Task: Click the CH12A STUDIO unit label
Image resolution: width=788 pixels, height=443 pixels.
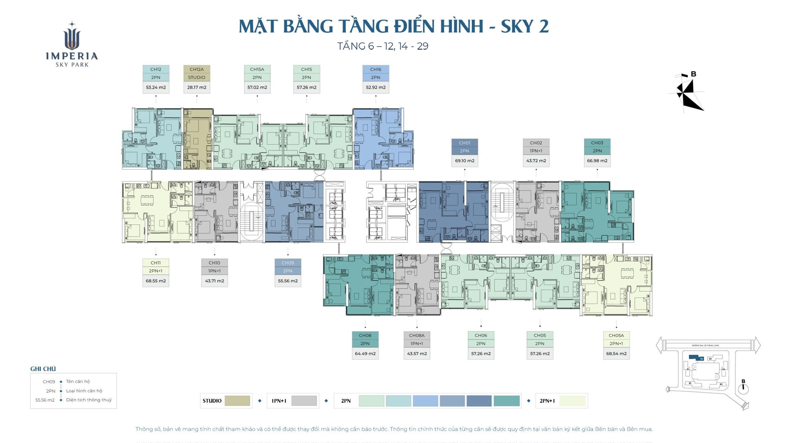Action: (x=196, y=70)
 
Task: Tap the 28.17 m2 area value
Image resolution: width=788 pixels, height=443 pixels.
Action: (x=196, y=87)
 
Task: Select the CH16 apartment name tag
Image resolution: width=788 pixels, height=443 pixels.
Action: (x=376, y=70)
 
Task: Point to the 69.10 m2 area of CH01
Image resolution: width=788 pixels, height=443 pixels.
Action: (x=464, y=161)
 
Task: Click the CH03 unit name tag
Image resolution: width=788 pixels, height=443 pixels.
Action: (x=597, y=143)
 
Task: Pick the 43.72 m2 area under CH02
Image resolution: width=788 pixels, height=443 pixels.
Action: (x=536, y=161)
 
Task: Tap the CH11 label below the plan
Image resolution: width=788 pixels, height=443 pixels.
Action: (x=155, y=263)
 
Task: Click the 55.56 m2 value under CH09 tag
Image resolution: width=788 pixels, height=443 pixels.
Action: (x=287, y=281)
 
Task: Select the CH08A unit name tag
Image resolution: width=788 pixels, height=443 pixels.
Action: (x=416, y=335)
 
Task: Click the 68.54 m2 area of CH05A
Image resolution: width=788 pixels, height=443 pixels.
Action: (x=616, y=353)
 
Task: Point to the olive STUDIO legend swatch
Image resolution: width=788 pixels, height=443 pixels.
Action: (x=237, y=401)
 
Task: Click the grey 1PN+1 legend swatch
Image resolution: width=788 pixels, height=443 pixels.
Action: (x=304, y=401)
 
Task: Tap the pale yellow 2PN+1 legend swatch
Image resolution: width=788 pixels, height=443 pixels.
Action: (x=572, y=401)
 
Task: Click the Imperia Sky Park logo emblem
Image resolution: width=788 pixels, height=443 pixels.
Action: (x=72, y=37)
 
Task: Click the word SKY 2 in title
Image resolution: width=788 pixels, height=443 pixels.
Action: (x=525, y=26)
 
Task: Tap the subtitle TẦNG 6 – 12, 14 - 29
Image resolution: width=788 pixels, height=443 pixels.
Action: (x=383, y=46)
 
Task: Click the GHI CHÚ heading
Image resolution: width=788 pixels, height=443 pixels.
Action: (x=43, y=369)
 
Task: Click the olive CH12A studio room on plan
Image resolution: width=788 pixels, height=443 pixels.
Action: (x=197, y=138)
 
